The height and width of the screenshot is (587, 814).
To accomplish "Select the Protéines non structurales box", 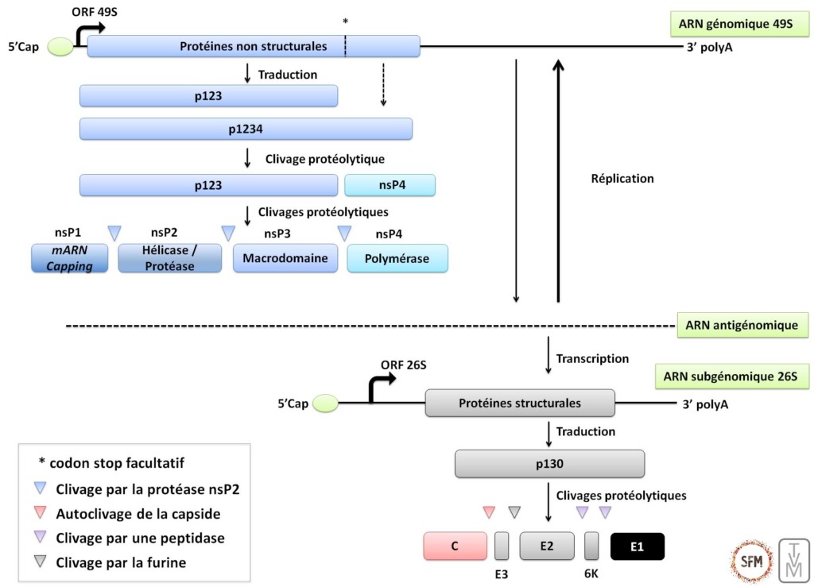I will pos(254,46).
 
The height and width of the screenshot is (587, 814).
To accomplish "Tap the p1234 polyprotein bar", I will pos(246,129).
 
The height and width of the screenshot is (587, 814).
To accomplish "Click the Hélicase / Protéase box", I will pos(169,259).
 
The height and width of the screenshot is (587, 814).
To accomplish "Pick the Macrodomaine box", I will pos(285,259).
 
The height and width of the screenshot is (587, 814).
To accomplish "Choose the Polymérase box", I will pos(397,259).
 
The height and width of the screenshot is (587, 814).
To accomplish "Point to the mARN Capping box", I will pos(69,259).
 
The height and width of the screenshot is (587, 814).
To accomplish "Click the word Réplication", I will pos(622,179).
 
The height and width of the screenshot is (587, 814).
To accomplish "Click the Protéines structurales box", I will pos(520,403).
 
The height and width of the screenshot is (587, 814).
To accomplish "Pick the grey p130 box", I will pos(549,463).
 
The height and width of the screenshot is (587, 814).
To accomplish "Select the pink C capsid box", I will pos(455,546).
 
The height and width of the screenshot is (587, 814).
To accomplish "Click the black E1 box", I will pos(637,546).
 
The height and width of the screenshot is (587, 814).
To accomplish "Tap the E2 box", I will pos(546,546).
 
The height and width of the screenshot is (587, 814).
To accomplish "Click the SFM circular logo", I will pos(750,561).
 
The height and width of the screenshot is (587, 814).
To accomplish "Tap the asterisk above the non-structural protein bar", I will pos(345,21).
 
